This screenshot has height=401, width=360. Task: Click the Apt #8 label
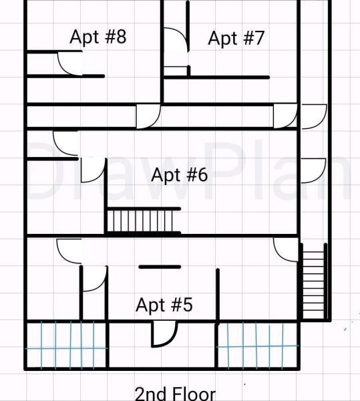tap(98, 37)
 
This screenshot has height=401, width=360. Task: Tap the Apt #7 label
tap(236, 38)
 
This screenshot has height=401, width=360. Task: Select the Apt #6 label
tap(180, 175)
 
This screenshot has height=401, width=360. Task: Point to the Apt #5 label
tap(164, 305)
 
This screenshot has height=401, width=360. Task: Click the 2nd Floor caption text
tap(175, 394)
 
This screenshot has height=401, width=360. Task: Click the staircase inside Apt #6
tap(143, 221)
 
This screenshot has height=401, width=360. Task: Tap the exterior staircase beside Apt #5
tap(314, 281)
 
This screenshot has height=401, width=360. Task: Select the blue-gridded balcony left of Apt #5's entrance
tap(66, 346)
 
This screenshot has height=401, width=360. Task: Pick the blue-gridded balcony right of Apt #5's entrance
tap(257, 346)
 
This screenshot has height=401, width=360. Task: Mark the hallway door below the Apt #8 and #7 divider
tap(148, 116)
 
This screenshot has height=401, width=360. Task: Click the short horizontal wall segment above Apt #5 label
tap(160, 267)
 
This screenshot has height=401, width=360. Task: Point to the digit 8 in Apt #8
tap(121, 37)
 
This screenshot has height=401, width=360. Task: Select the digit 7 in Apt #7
tap(258, 38)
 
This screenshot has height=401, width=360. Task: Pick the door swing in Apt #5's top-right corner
tap(286, 249)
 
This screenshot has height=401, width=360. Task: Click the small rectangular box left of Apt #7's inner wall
tap(175, 71)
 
